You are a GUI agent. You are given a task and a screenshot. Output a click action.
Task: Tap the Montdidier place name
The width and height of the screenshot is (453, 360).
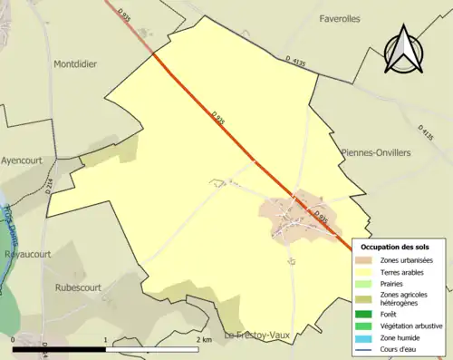point(75,63)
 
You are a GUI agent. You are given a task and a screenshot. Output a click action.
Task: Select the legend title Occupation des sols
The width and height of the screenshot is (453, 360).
point(395,247)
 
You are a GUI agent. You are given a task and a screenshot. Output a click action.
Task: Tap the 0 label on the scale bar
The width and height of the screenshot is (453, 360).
point(14,339)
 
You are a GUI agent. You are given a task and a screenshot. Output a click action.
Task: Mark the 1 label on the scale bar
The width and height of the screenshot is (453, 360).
point(107,339)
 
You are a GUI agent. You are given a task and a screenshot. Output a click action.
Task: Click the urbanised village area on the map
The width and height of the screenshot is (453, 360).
point(294,218)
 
